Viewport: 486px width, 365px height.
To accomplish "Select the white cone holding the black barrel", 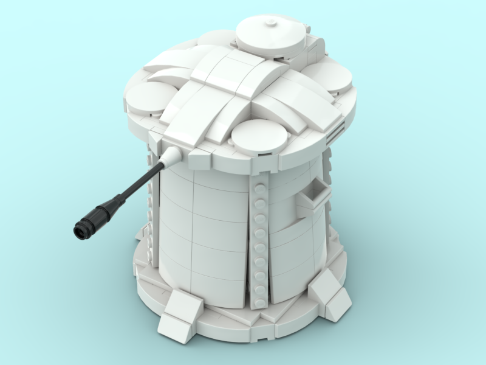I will coord(173,156).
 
